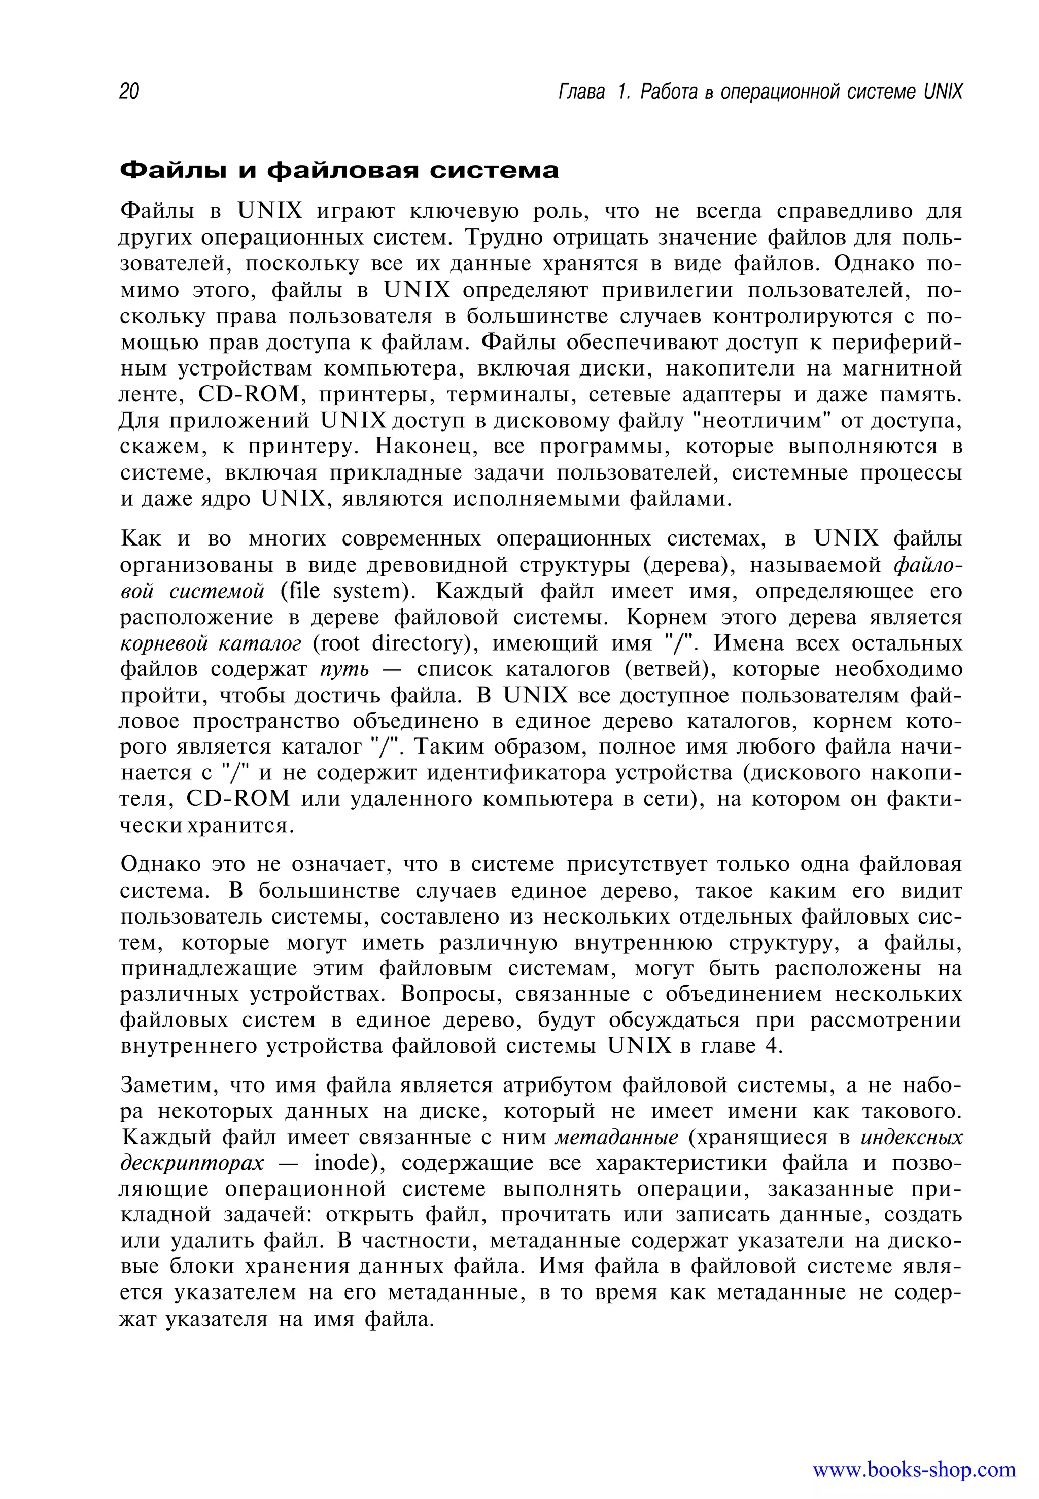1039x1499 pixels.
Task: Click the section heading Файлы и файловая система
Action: [339, 171]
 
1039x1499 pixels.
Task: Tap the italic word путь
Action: [344, 670]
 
